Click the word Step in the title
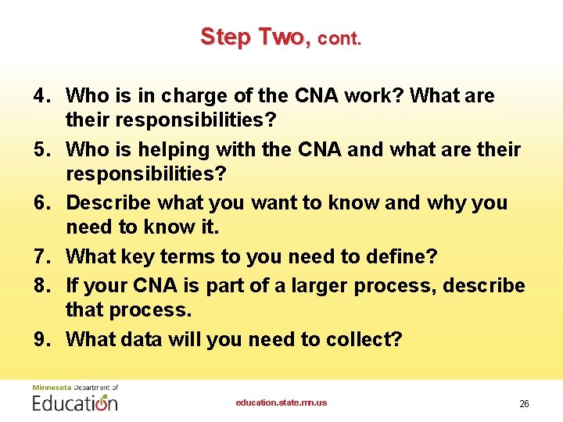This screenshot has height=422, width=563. (x=224, y=37)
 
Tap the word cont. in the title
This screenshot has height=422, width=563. (x=339, y=38)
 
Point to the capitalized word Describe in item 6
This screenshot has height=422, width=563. (x=109, y=202)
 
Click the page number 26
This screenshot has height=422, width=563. (x=524, y=404)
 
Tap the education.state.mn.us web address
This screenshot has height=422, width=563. (x=281, y=402)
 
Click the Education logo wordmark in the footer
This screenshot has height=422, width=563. (x=75, y=402)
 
